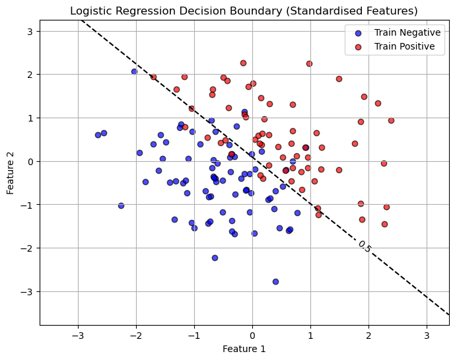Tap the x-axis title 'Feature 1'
[x=244, y=349]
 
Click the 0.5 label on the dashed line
[x=364, y=246]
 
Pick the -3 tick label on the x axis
[x=78, y=335]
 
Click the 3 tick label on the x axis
[x=427, y=335]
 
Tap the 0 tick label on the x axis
[x=252, y=335]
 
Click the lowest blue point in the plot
[x=275, y=281]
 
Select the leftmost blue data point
[x=98, y=135]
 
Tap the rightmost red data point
[x=391, y=120]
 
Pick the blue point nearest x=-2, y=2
[x=134, y=71]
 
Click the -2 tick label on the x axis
[x=136, y=335]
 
